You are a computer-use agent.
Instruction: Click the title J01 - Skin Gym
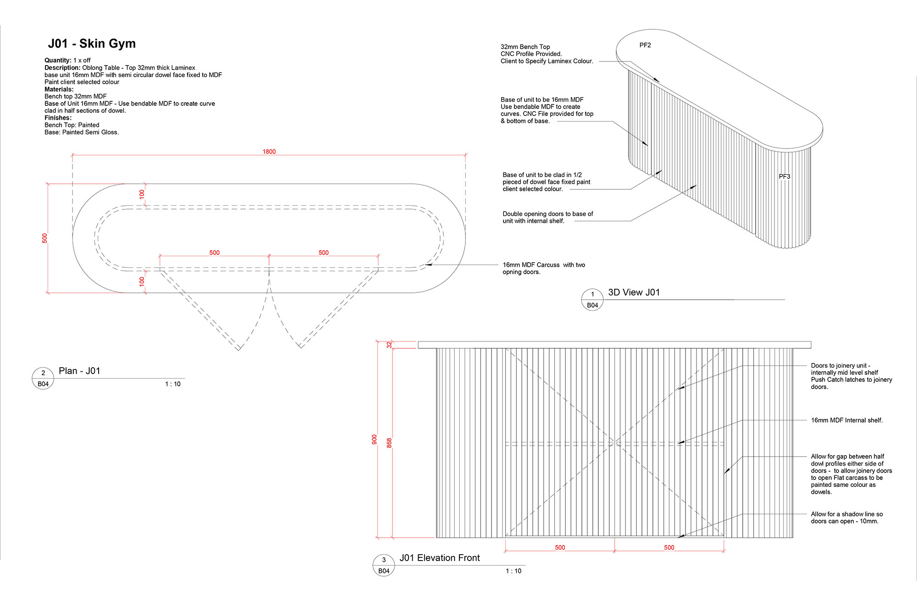[92, 44]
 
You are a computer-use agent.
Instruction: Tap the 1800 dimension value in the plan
[269, 152]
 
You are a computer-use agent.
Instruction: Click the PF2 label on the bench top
[645, 45]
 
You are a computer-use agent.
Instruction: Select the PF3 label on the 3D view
[784, 176]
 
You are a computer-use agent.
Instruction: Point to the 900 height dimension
[375, 440]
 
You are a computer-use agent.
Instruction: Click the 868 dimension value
[389, 443]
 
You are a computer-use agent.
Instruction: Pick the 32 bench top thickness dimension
[389, 345]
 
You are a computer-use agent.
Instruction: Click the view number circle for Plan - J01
[43, 378]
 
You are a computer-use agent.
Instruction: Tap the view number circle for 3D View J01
[592, 300]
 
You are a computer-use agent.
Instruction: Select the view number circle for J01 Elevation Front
[384, 565]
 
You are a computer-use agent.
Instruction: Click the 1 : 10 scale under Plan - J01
[173, 384]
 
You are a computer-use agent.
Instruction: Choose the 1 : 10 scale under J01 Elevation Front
[514, 571]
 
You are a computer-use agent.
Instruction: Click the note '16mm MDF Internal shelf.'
[846, 420]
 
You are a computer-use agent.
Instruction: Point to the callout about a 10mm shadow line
[846, 517]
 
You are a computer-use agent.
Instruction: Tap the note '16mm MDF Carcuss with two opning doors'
[544, 268]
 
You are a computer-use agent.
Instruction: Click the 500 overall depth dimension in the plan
[44, 238]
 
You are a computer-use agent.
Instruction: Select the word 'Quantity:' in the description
[58, 61]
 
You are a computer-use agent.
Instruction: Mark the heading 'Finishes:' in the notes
[58, 118]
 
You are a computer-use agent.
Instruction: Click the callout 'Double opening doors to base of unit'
[547, 217]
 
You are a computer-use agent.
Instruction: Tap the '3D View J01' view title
[634, 292]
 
